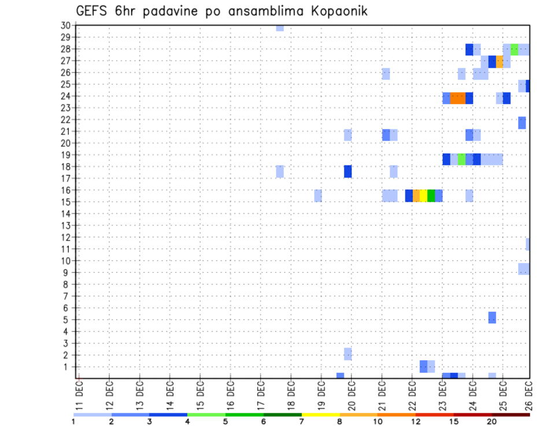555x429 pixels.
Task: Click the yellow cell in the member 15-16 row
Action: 424,195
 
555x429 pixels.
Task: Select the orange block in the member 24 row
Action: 458,98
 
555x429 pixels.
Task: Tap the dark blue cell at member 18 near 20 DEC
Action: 348,172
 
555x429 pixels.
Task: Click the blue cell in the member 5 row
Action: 492,317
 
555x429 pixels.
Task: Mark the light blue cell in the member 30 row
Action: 280,28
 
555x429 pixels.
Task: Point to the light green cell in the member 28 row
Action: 515,49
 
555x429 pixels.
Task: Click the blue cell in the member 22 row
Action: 522,123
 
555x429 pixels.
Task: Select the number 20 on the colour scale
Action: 491,421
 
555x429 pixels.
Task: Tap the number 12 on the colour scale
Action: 416,421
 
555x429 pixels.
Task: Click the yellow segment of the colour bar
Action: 321,415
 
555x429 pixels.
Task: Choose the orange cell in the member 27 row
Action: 499,61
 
